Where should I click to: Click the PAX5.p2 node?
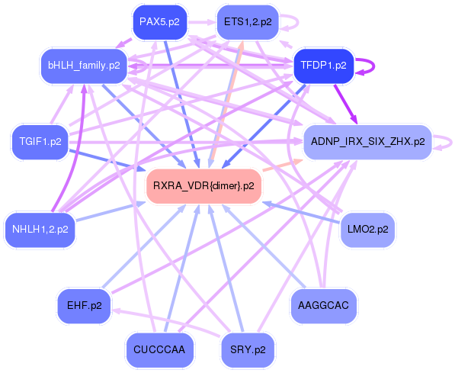point(160,22)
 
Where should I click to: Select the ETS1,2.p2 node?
point(248,22)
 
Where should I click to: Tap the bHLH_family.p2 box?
point(84,66)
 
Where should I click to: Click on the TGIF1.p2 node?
point(40,142)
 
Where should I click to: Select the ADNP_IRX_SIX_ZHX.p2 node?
point(368,142)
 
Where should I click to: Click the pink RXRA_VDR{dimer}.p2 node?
point(203,185)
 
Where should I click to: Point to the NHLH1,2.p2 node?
point(40,228)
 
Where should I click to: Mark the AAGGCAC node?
point(324,305)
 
